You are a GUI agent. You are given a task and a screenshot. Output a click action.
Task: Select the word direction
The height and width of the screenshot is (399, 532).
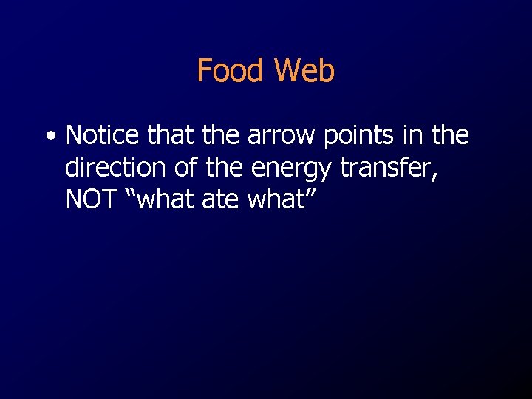pyautogui.click(x=117, y=168)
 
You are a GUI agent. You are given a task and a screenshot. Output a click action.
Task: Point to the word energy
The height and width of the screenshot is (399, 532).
pyautogui.click(x=292, y=170)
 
